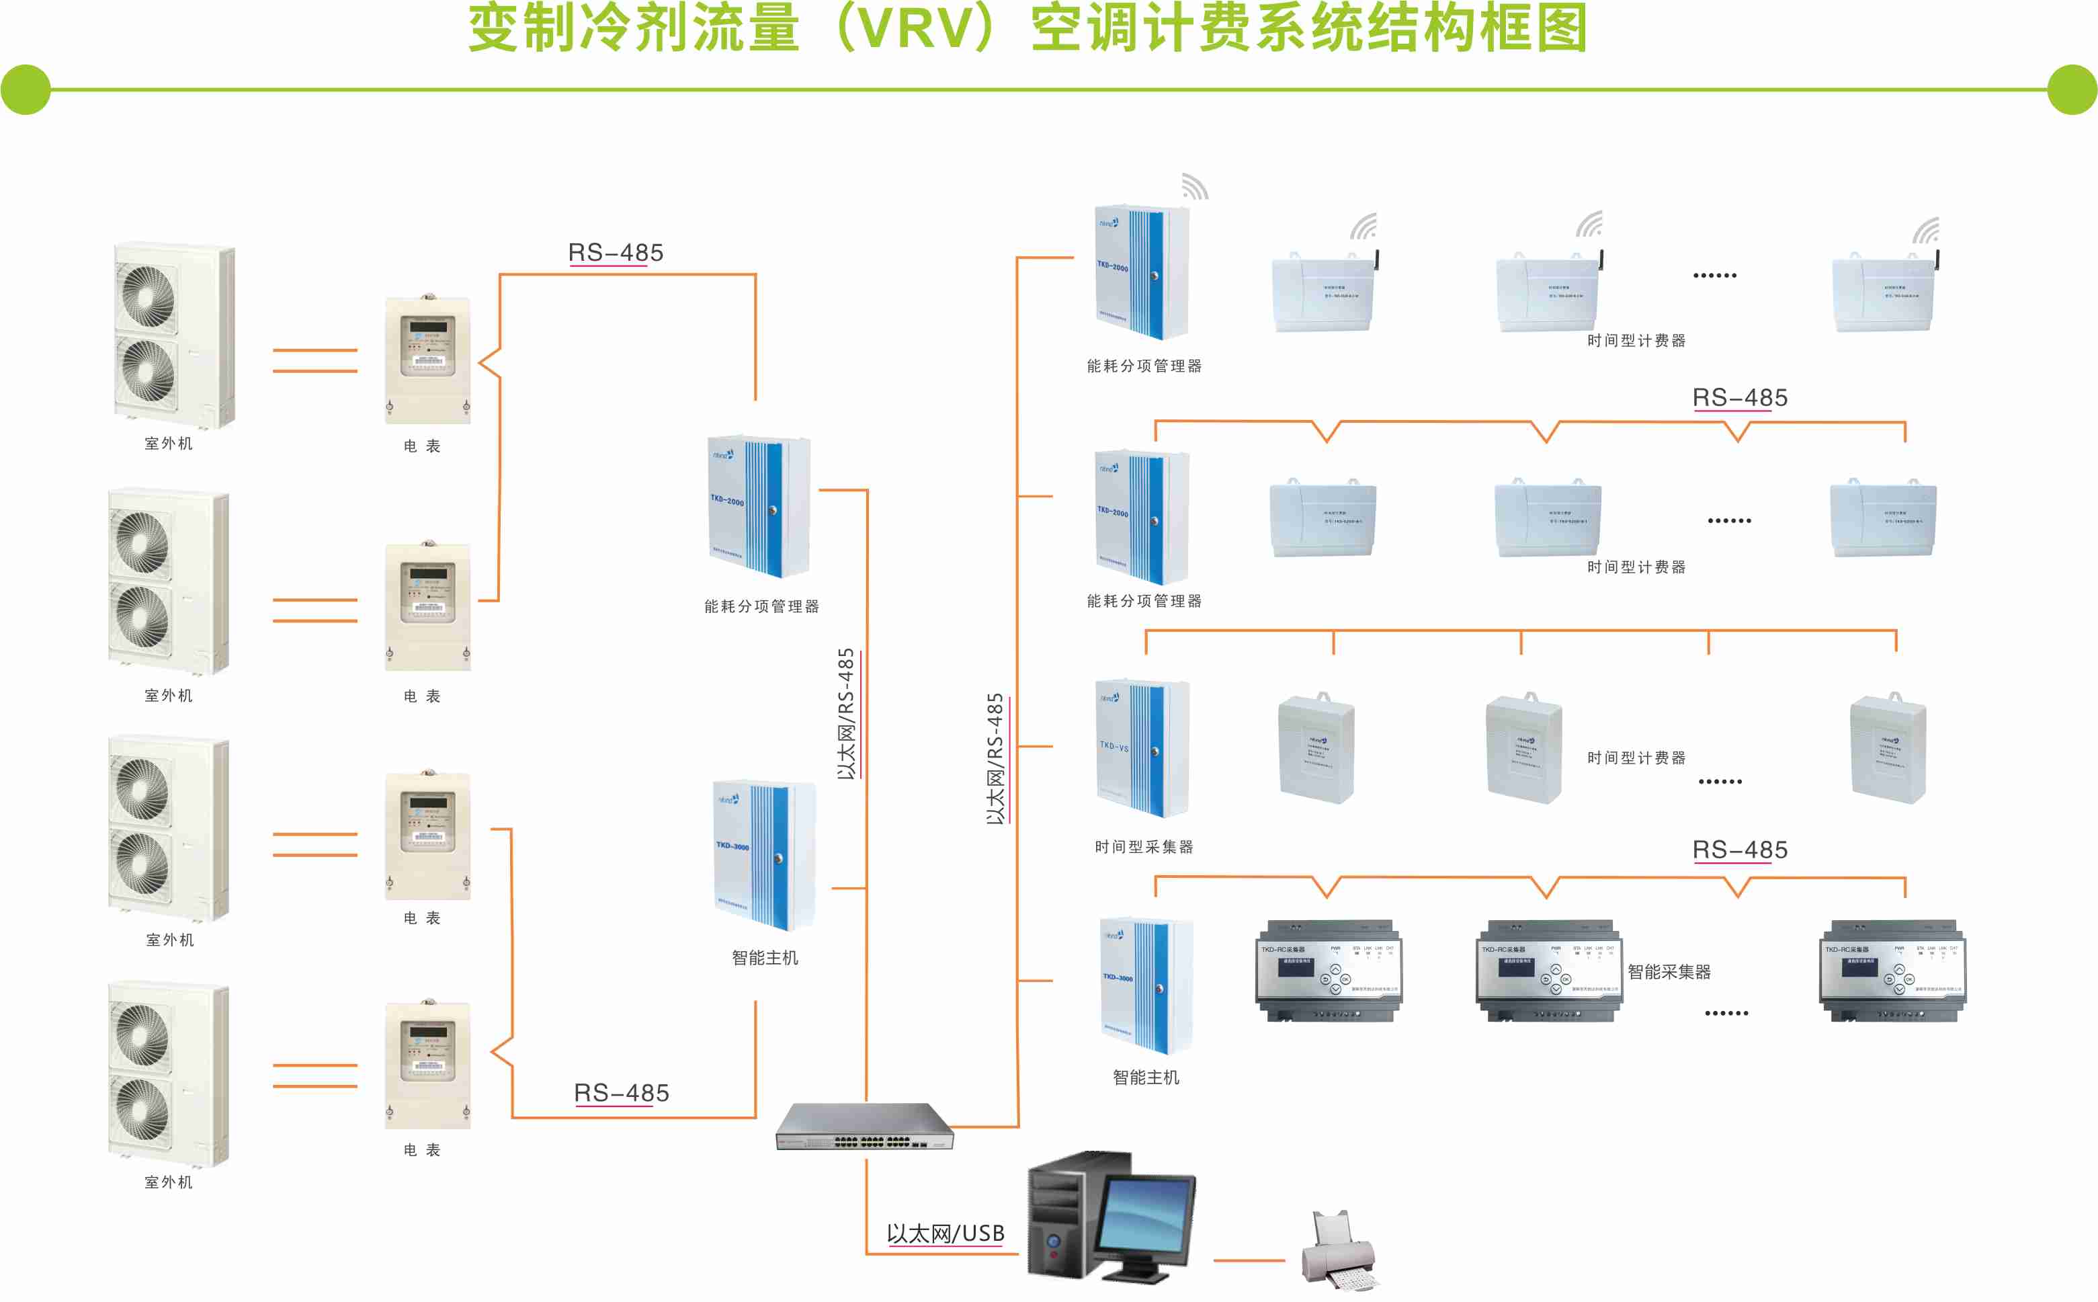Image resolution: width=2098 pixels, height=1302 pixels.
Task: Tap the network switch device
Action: (x=864, y=1127)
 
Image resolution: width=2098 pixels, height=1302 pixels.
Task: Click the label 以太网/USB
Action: (x=946, y=1233)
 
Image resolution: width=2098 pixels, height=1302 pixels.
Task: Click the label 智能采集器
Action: (x=1669, y=971)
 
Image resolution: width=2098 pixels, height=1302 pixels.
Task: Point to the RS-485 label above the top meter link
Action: (x=616, y=252)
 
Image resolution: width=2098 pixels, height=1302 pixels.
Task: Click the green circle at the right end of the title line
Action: (x=2071, y=89)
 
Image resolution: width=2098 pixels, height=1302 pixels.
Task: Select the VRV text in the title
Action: (x=915, y=28)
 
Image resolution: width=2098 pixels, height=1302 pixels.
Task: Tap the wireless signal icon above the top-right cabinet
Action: (x=1194, y=186)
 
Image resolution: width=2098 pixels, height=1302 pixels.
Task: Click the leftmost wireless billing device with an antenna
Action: (x=1323, y=291)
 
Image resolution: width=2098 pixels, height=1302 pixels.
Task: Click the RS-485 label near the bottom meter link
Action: (x=621, y=1093)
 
